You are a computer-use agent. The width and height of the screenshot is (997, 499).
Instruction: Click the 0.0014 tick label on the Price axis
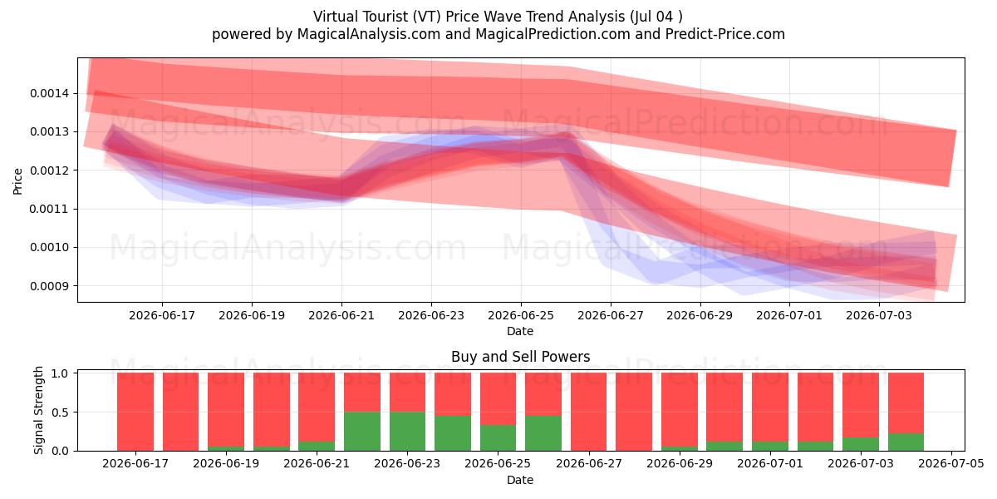pyautogui.click(x=49, y=93)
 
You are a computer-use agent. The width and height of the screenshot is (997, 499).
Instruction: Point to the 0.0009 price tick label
pyautogui.click(x=49, y=286)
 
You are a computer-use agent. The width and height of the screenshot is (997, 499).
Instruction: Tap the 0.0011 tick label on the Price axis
pyautogui.click(x=49, y=209)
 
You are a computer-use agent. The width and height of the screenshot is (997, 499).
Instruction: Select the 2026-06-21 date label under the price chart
pyautogui.click(x=341, y=316)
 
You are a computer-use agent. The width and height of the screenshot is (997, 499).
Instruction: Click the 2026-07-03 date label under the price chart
pyautogui.click(x=879, y=316)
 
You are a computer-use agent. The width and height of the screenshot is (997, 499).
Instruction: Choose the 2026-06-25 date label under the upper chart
pyautogui.click(x=521, y=316)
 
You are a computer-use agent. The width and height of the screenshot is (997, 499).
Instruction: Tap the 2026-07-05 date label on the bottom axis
pyautogui.click(x=951, y=464)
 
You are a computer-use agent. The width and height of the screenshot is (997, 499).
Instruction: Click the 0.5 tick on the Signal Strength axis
pyautogui.click(x=60, y=413)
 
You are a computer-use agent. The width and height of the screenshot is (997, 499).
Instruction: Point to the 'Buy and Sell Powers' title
pyautogui.click(x=521, y=357)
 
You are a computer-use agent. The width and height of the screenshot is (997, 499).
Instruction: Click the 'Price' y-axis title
pyautogui.click(x=17, y=181)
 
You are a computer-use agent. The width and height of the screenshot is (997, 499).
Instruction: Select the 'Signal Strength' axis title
pyautogui.click(x=39, y=410)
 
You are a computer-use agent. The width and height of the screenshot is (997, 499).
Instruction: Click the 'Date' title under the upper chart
pyautogui.click(x=520, y=332)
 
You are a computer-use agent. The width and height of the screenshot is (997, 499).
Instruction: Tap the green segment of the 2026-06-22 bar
pyautogui.click(x=362, y=432)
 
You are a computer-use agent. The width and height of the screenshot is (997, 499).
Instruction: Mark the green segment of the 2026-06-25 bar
pyautogui.click(x=498, y=438)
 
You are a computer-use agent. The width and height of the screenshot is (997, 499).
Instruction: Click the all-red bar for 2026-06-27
pyautogui.click(x=588, y=412)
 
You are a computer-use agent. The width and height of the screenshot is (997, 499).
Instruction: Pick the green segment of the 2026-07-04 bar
pyautogui.click(x=906, y=442)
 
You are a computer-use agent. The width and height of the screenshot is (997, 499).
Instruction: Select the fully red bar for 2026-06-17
pyautogui.click(x=135, y=412)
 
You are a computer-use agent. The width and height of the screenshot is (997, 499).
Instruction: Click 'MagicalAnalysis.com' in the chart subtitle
pyautogui.click(x=369, y=34)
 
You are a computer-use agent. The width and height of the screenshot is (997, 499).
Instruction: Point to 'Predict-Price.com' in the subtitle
pyautogui.click(x=725, y=34)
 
